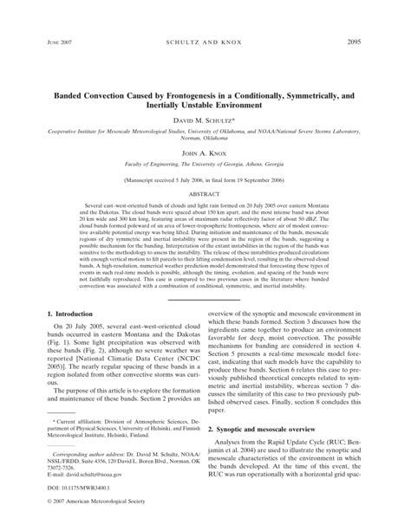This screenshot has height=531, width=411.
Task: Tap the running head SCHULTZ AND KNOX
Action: point(205,42)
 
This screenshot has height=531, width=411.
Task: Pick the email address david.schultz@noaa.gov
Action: point(76,486)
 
